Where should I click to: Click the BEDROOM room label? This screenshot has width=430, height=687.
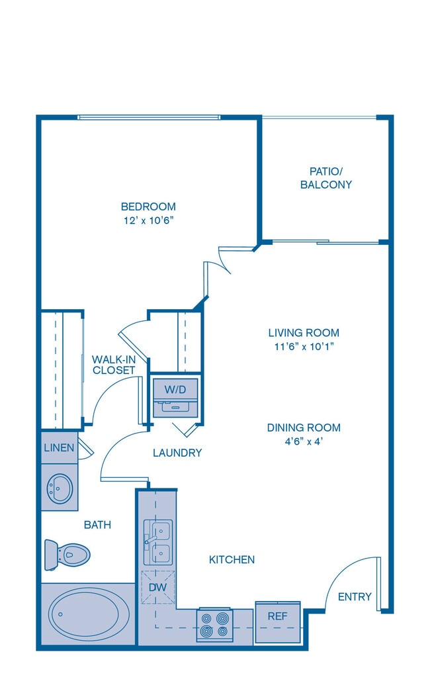[x=148, y=206]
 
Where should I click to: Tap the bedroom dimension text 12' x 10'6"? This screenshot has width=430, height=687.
[x=149, y=220]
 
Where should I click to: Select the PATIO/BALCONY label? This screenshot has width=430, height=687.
[x=325, y=178]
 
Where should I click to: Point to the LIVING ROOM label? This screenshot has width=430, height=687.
[x=304, y=332]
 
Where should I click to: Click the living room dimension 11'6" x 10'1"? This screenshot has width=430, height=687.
[x=304, y=347]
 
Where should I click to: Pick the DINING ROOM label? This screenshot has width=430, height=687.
[x=304, y=428]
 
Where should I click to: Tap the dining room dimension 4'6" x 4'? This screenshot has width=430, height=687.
[x=304, y=441]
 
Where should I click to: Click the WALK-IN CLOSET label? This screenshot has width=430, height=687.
[x=114, y=365]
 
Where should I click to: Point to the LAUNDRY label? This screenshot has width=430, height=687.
[x=177, y=453]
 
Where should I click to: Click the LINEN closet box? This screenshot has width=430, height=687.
[x=59, y=447]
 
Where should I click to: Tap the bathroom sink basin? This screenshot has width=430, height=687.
[x=60, y=488]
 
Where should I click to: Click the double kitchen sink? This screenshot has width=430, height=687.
[x=158, y=543]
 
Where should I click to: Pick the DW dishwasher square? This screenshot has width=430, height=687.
[x=157, y=587]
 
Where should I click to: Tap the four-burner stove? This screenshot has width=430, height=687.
[x=214, y=625]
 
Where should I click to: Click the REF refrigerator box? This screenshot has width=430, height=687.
[x=278, y=622]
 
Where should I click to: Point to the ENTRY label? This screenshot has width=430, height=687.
[x=355, y=596]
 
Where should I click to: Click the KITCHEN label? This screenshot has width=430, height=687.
[x=232, y=559]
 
